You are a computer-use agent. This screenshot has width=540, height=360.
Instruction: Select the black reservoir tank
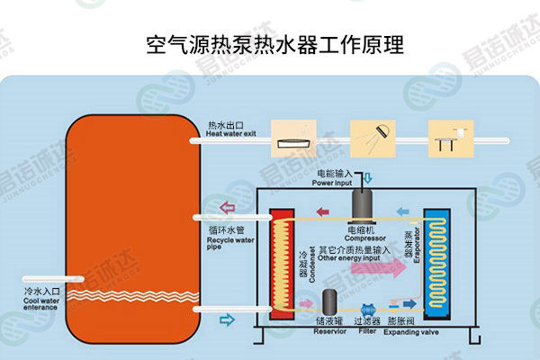point(331,301)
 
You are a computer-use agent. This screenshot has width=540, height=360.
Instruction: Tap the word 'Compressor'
point(364,238)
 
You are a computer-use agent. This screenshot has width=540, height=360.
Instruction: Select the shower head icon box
point(374,134)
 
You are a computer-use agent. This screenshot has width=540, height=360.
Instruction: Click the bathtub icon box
point(297,134)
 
